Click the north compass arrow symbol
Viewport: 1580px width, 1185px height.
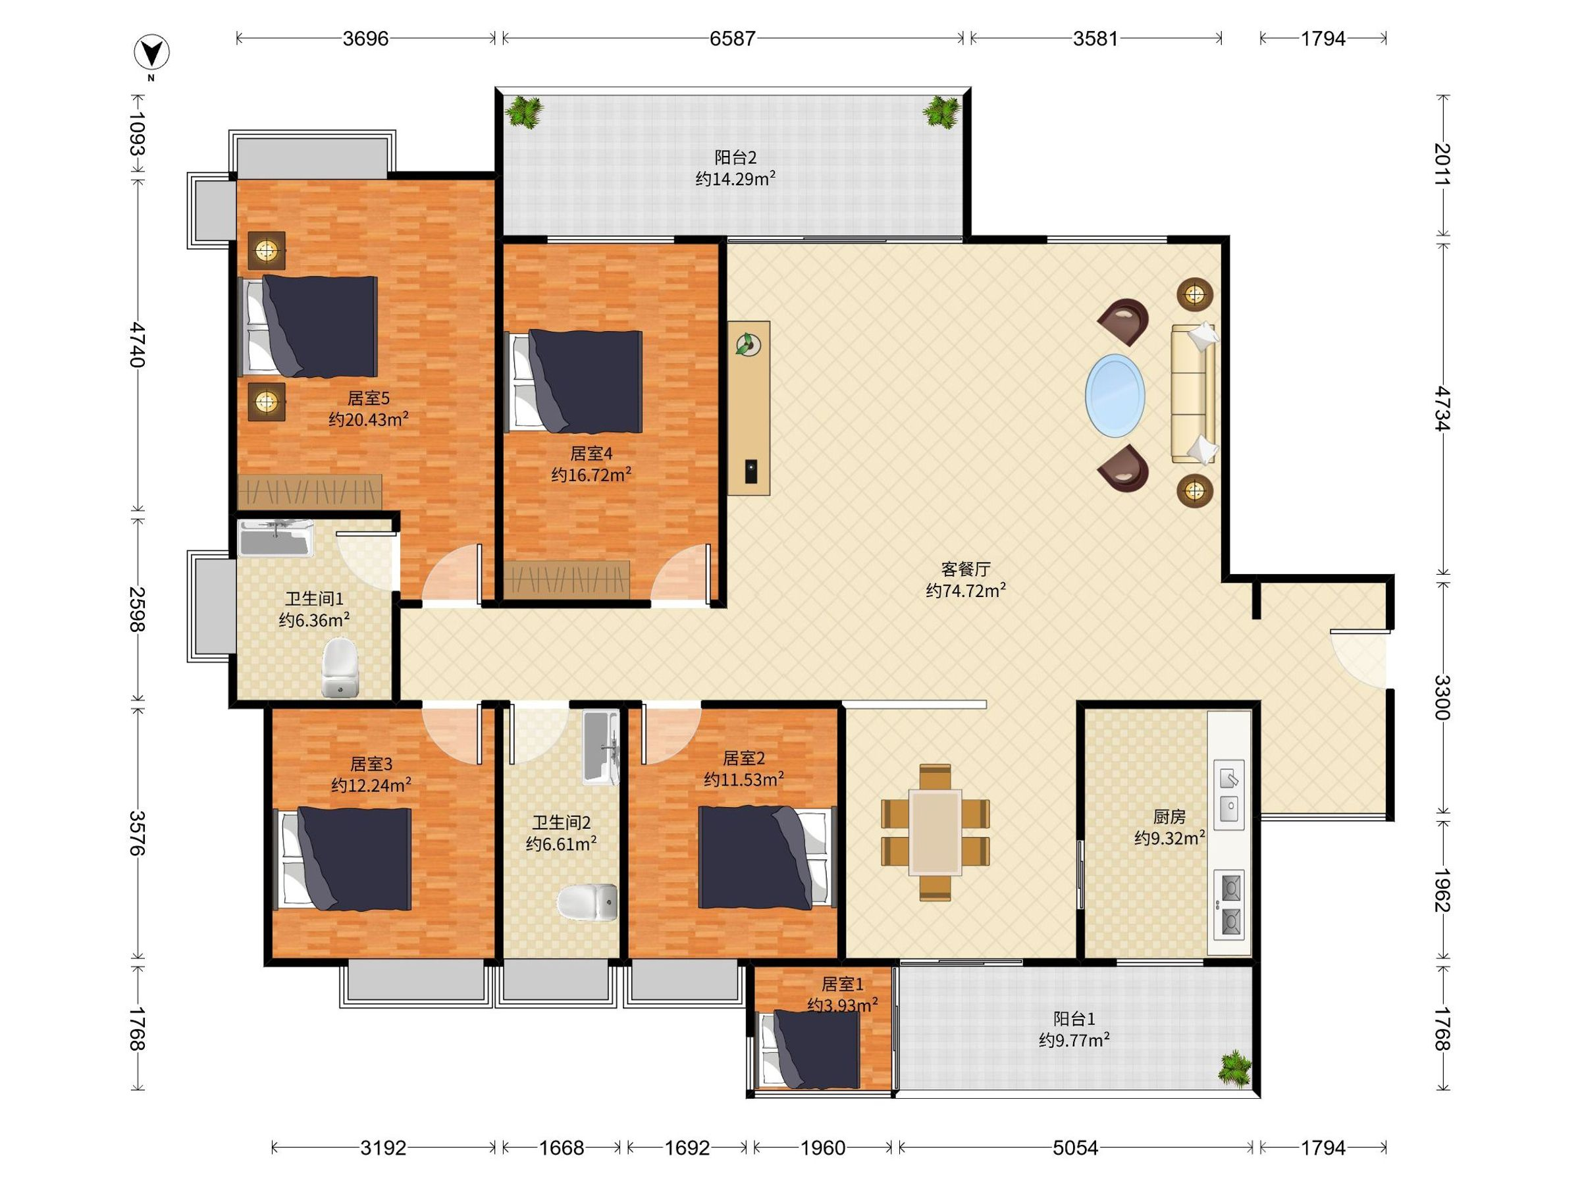(x=151, y=51)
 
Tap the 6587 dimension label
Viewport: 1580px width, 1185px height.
(x=732, y=38)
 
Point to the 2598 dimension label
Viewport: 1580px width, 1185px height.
(x=137, y=608)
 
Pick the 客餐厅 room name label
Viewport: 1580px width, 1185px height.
(x=966, y=569)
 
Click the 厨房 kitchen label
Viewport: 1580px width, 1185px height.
(x=1169, y=816)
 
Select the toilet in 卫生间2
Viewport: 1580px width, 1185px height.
(x=587, y=902)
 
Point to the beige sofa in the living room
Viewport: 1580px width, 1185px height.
(x=1194, y=393)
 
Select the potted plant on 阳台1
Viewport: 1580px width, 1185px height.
(x=1235, y=1068)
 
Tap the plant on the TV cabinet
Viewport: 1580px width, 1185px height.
(x=748, y=344)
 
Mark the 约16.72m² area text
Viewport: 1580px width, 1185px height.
(x=591, y=474)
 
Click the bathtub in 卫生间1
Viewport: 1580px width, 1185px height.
(x=276, y=538)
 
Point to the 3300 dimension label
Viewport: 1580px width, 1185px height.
(x=1443, y=697)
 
